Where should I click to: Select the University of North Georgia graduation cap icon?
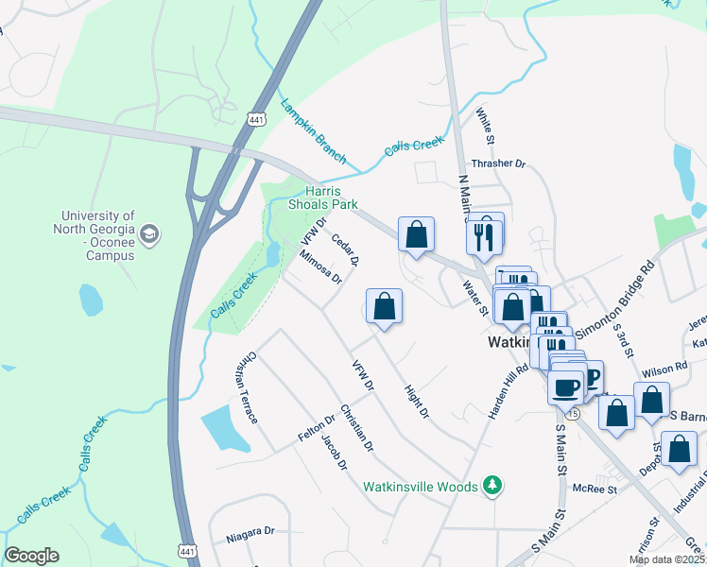point(149,233)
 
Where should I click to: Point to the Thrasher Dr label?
point(498,163)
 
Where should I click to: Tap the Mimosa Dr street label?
point(319,266)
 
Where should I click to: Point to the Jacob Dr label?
point(334,452)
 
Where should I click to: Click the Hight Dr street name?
point(416,401)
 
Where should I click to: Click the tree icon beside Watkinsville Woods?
point(491,486)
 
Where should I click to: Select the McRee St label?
point(595,489)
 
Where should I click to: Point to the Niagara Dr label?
point(250,541)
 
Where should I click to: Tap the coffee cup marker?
point(566,387)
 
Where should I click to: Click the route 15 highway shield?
point(572,413)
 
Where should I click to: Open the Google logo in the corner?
point(31,556)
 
